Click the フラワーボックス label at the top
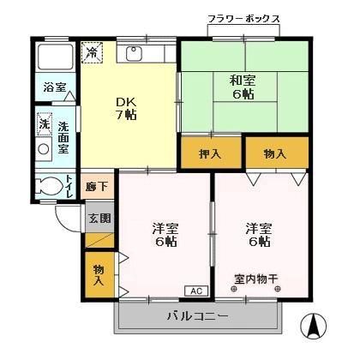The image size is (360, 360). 243,19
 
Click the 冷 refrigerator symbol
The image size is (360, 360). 93,52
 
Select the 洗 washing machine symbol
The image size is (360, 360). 44,124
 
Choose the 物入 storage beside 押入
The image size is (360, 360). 274,154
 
